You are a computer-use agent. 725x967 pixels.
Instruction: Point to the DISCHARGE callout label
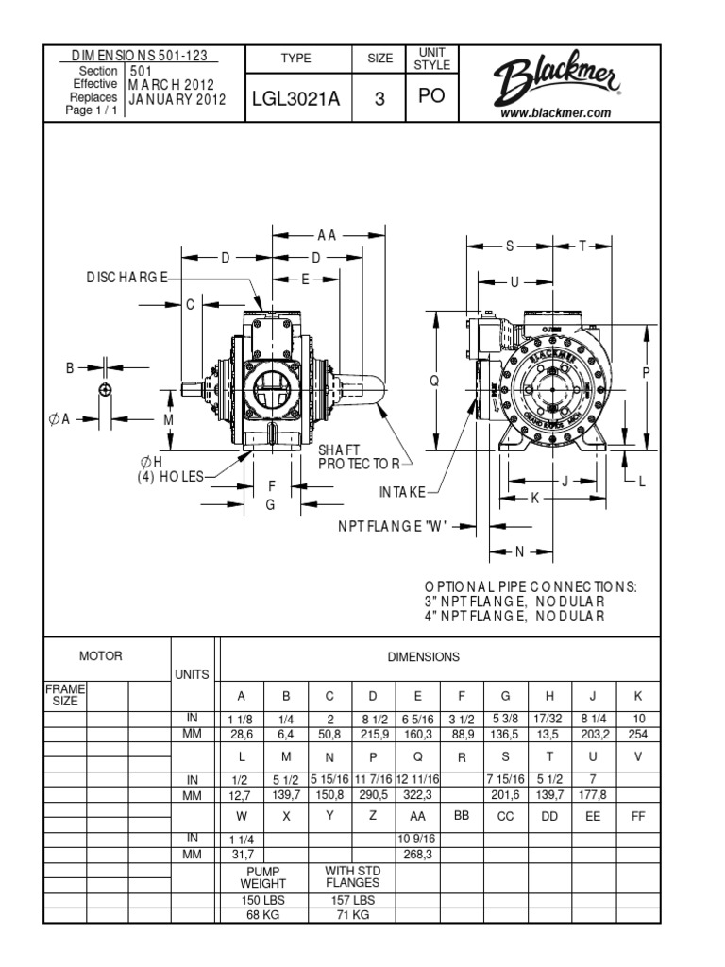(x=123, y=277)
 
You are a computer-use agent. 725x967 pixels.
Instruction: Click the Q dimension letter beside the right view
(x=434, y=381)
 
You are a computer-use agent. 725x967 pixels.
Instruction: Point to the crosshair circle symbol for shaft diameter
(x=105, y=389)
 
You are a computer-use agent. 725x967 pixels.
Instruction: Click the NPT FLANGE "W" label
(x=393, y=526)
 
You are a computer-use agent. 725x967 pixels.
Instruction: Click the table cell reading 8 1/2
(x=373, y=719)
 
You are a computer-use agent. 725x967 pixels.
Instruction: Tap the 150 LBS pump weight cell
(x=262, y=900)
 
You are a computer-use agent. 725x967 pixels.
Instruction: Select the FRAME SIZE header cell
(x=65, y=695)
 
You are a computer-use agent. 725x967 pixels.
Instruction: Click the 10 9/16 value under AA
(x=416, y=838)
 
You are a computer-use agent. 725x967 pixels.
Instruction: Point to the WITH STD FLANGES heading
(x=351, y=876)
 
